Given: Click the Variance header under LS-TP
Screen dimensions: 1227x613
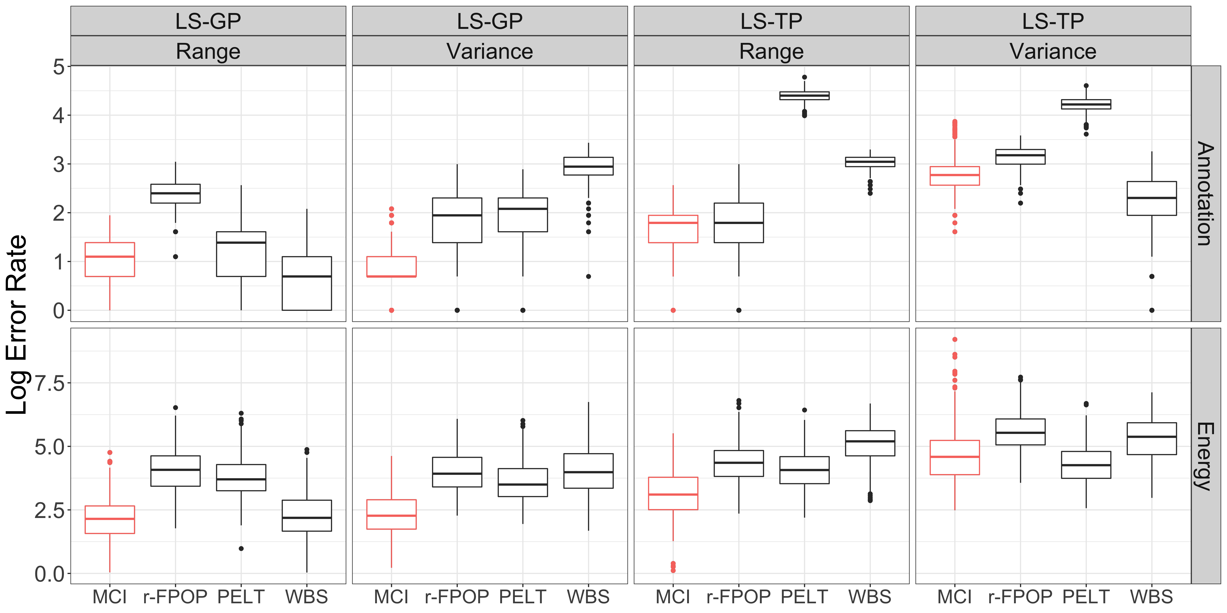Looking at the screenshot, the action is [x=1053, y=51].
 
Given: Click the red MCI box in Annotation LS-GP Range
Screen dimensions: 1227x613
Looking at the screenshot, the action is [x=110, y=260].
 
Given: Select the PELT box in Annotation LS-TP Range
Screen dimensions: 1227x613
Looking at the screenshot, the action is [x=804, y=96].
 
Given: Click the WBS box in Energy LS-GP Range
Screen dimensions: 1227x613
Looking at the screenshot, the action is [x=307, y=515].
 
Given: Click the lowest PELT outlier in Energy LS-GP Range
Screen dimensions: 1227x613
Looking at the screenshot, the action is [x=241, y=549].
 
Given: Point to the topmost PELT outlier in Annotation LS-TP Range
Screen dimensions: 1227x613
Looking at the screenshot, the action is [x=804, y=77].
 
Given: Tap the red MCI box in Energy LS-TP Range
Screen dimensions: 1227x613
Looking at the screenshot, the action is [x=673, y=493].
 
